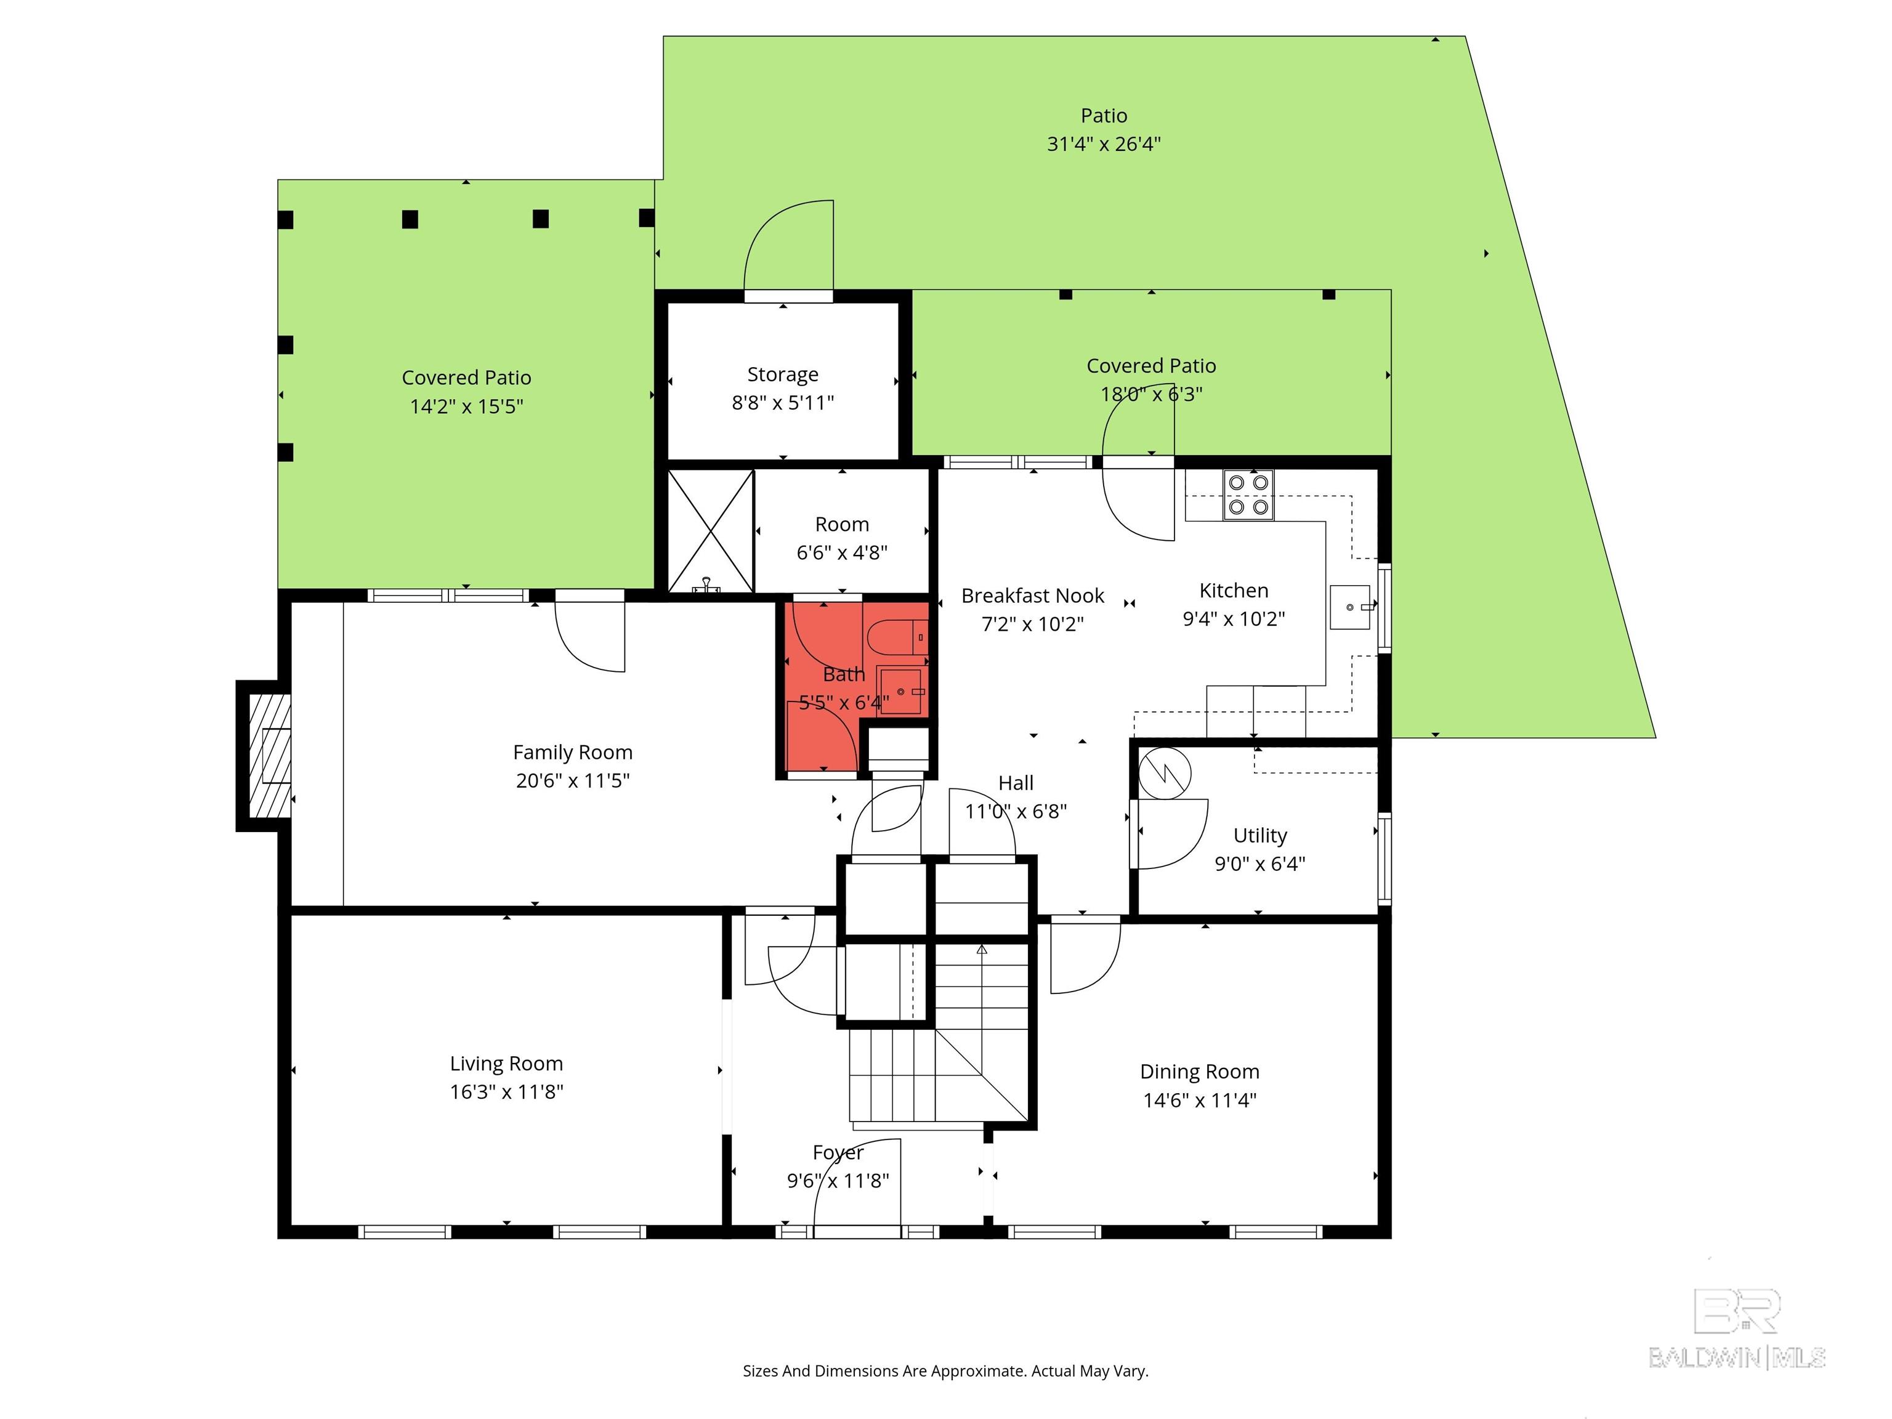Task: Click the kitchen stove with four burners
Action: click(x=1248, y=495)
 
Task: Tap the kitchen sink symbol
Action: click(x=1351, y=607)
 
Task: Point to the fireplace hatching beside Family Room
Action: click(x=269, y=755)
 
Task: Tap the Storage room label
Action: click(x=783, y=374)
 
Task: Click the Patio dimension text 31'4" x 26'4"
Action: click(x=1104, y=144)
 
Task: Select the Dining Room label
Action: click(x=1199, y=1072)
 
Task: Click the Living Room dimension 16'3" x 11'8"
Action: click(x=506, y=1092)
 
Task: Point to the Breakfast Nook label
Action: click(x=1032, y=596)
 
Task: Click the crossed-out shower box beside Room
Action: click(x=710, y=530)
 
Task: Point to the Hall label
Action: click(x=1016, y=783)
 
